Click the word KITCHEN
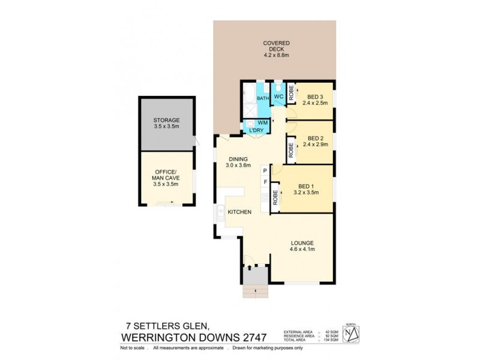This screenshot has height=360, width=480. [239, 212]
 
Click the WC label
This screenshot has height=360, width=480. [278, 97]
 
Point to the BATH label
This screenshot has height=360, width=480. [263, 98]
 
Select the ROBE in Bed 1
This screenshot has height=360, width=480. [275, 197]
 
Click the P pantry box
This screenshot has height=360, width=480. [264, 170]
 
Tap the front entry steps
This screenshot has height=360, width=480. [254, 292]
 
